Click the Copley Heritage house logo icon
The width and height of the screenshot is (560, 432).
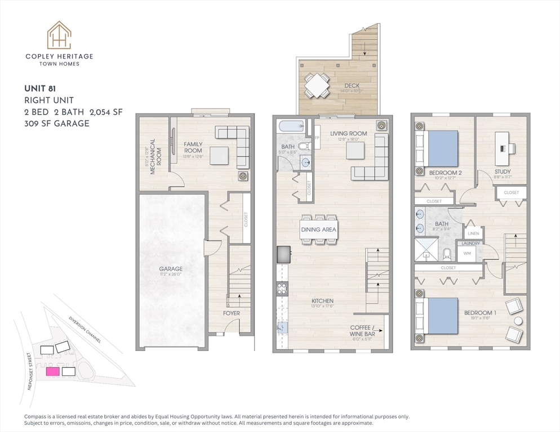pos(59,35)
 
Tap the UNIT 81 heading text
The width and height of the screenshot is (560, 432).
pos(43,88)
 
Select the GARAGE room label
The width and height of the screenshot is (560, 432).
pos(171,269)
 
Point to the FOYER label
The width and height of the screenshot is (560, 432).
pos(231,313)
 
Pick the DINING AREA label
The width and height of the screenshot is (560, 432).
pos(318,229)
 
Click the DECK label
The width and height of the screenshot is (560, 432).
pos(352,86)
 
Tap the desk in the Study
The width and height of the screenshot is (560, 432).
pos(504,144)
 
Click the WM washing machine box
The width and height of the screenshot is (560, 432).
pos(467,254)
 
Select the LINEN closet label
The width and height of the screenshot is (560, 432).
pos(473,233)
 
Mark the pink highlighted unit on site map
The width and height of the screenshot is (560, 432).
pos(52,371)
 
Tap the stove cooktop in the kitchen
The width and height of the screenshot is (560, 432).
pos(282,289)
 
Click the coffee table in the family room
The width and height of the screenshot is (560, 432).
pos(219,155)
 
